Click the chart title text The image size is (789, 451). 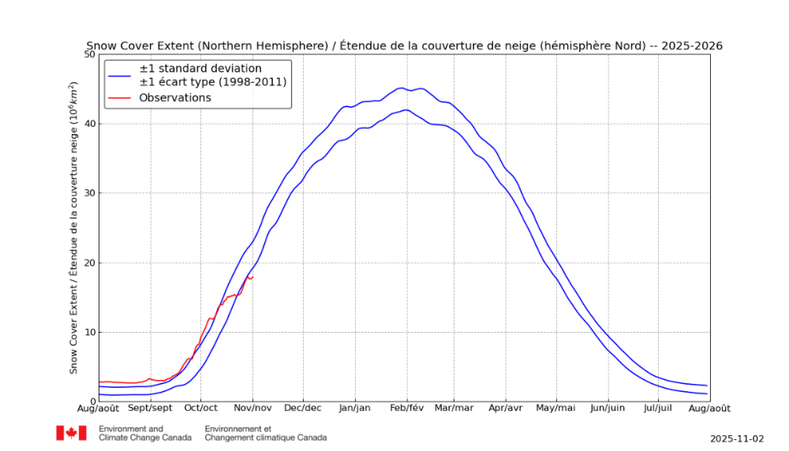[x=403, y=47]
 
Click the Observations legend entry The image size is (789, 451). [x=175, y=98]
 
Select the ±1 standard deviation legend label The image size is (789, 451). [x=200, y=69]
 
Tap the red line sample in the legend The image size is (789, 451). [x=121, y=98]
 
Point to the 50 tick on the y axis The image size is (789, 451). [x=89, y=54]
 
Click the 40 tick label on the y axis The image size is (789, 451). [x=89, y=124]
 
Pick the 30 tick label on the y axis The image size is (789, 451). [x=89, y=193]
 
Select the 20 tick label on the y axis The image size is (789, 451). [x=89, y=263]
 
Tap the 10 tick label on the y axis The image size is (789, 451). [x=89, y=332]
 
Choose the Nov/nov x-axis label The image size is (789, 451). [x=252, y=408]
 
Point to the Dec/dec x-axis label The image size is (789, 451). [x=303, y=408]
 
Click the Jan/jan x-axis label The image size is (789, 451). [x=354, y=408]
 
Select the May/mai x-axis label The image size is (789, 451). [x=556, y=408]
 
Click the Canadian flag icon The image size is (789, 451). [x=71, y=433]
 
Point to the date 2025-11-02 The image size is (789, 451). [x=737, y=438]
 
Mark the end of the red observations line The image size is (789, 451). [x=252, y=276]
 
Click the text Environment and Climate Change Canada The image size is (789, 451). [x=144, y=433]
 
